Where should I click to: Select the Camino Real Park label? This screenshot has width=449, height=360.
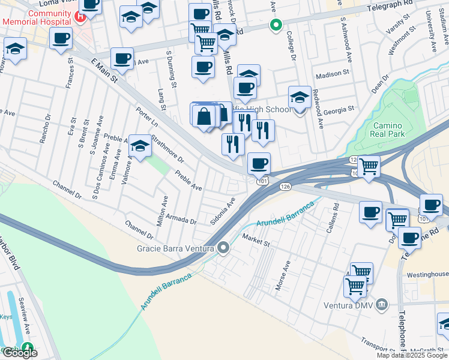click(x=390, y=130)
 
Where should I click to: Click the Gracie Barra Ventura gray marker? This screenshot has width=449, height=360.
click(x=224, y=247)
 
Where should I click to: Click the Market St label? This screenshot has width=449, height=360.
click(x=256, y=239)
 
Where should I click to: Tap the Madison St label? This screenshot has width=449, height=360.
click(x=332, y=73)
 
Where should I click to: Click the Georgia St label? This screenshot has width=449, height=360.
click(x=339, y=111)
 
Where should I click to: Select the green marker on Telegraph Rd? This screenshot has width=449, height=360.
click(x=276, y=25)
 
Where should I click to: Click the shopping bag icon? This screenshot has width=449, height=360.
click(x=204, y=116)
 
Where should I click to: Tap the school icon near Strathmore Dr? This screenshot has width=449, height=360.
click(x=140, y=146)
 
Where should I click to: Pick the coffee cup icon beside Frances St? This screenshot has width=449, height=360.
click(x=60, y=40)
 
